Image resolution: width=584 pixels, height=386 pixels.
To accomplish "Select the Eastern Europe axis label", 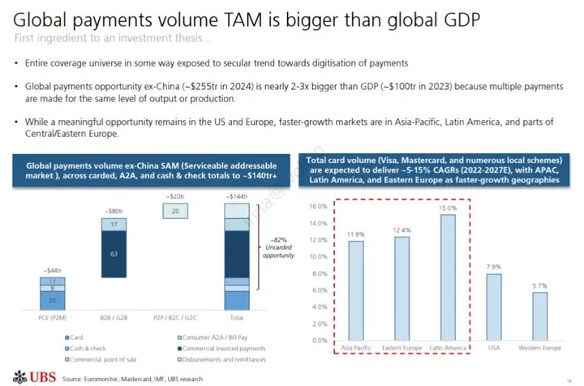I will tap(401, 349).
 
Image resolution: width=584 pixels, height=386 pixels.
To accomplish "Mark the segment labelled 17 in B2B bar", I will tap(114, 225).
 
